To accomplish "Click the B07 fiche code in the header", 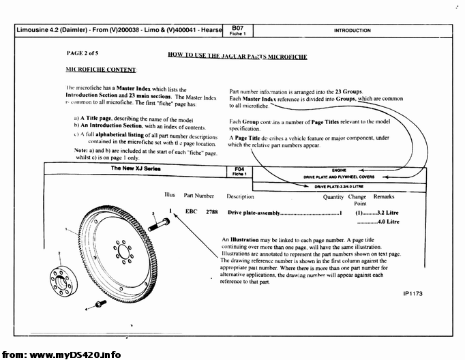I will (x=238, y=28).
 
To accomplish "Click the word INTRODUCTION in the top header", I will (x=352, y=31).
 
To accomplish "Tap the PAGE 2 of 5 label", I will (x=82, y=52).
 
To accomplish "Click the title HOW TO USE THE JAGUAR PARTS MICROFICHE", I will (x=237, y=57).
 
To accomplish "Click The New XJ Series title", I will (x=136, y=168).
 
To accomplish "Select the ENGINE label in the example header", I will (x=339, y=169).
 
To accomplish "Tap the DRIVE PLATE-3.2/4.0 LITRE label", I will (x=339, y=185).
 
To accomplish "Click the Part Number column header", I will (x=198, y=196).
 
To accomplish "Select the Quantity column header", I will (x=333, y=196).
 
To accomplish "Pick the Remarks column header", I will (x=384, y=196).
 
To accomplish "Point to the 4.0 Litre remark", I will (x=387, y=222).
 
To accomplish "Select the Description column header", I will (x=240, y=196).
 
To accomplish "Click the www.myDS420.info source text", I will (x=75, y=355).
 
